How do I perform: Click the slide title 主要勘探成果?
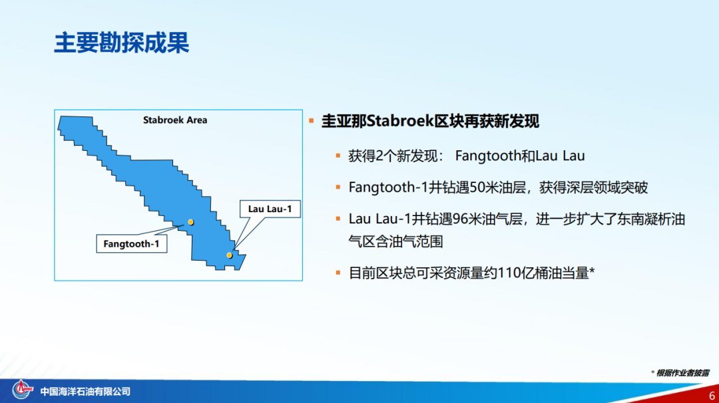coord(122,43)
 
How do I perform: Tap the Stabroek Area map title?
coord(174,120)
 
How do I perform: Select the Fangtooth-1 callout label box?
coord(132,243)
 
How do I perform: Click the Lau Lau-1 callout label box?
coord(270,209)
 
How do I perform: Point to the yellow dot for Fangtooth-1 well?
coord(191,222)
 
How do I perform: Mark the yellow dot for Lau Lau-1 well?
coord(229,255)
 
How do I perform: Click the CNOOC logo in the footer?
coord(22,390)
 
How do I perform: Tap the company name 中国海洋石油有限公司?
coord(85,392)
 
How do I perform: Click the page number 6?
coord(712,395)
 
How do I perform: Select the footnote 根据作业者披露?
coord(682,373)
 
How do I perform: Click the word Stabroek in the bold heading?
coord(400,121)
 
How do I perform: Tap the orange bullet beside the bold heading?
coord(312,121)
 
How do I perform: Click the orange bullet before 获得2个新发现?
coord(338,156)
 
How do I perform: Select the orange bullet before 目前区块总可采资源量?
coord(338,273)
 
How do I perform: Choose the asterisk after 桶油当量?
coord(592,271)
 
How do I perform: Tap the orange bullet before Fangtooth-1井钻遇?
coord(338,188)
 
